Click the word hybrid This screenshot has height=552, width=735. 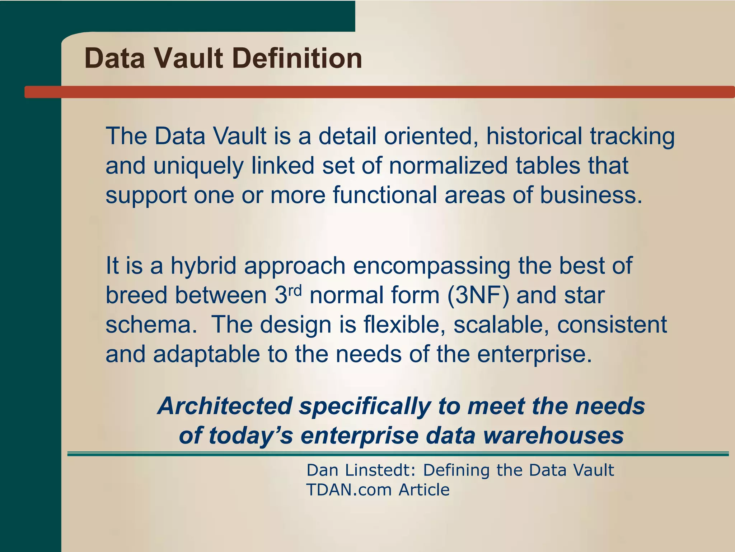pos(203,266)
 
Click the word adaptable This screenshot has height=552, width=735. pos(206,354)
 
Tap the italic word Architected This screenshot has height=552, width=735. pos(225,406)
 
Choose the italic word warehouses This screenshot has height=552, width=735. pos(553,436)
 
